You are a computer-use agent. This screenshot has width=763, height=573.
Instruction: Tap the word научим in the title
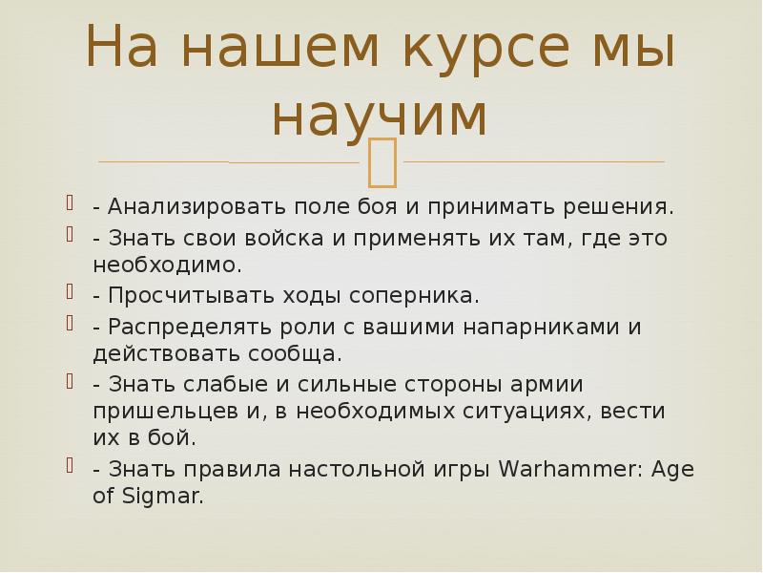380,115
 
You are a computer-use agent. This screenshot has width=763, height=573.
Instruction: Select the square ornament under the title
381,161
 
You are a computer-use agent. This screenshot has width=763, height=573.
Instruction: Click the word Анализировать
191,206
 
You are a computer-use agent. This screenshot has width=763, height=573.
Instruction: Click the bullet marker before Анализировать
71,204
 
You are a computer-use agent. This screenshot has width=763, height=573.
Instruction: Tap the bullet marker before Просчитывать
71,293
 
